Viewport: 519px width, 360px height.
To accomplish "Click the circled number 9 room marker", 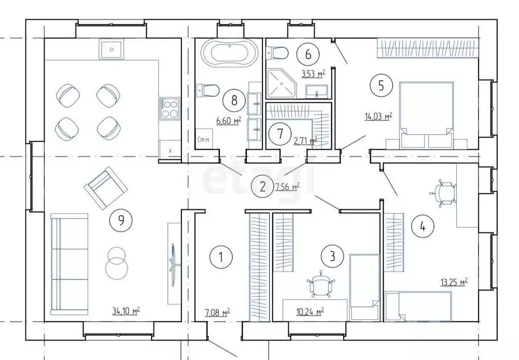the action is click(x=121, y=220).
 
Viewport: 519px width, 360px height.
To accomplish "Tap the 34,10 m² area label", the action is click(x=126, y=311).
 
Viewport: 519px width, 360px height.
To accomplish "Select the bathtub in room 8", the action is click(x=230, y=53).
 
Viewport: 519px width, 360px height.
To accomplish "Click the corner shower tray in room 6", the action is click(x=281, y=84).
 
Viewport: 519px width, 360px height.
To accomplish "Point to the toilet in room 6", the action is click(x=277, y=52).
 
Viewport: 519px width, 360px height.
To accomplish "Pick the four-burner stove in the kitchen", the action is click(x=169, y=109).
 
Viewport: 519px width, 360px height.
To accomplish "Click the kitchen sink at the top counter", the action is click(x=111, y=49).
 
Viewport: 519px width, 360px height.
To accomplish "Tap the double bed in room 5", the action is click(x=426, y=115).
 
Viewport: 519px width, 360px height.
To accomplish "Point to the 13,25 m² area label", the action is click(x=454, y=282).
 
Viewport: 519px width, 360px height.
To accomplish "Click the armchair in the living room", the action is click(x=105, y=188).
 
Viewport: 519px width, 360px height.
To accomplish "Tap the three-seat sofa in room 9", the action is click(x=69, y=264).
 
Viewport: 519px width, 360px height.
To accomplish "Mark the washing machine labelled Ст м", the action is click(x=204, y=139).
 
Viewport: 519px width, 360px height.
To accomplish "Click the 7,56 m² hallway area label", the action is click(x=287, y=187).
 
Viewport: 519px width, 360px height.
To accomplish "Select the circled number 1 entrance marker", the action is click(x=221, y=257).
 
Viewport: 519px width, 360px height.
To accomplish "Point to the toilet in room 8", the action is click(x=208, y=90).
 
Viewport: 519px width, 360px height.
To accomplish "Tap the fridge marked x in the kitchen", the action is click(x=170, y=150).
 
